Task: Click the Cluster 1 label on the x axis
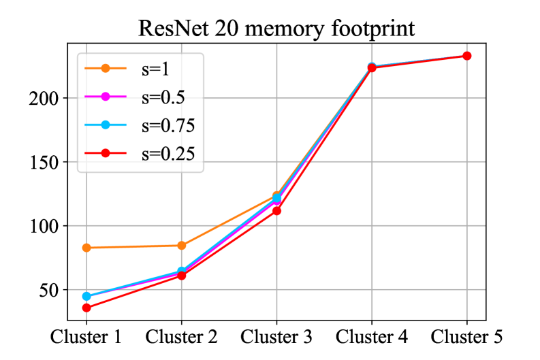(x=86, y=337)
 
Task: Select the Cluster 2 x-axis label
(x=181, y=337)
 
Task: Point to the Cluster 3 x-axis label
(x=276, y=337)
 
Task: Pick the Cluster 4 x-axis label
(x=372, y=337)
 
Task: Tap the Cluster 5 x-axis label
(x=466, y=337)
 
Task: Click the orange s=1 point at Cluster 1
(x=86, y=248)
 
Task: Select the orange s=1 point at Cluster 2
(x=182, y=245)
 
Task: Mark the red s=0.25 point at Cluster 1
(x=86, y=308)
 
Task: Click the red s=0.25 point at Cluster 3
(x=276, y=211)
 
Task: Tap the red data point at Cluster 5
(x=467, y=56)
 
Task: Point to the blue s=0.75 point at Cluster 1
(x=86, y=296)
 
